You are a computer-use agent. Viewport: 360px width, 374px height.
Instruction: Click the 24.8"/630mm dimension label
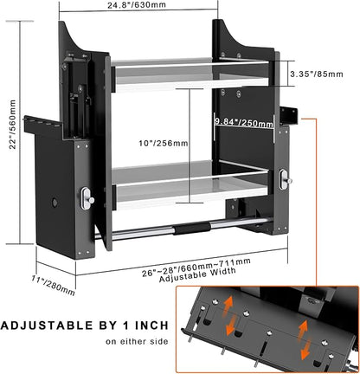137,4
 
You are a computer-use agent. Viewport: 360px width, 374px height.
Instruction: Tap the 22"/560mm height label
13,125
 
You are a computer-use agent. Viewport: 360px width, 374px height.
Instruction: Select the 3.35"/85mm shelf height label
317,74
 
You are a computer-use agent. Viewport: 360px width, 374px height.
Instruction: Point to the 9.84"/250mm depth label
244,122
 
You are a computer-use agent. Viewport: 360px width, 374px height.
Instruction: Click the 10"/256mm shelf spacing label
164,143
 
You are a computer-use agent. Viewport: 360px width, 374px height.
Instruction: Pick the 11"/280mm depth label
54,286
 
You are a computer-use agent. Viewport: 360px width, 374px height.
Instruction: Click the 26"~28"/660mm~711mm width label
196,268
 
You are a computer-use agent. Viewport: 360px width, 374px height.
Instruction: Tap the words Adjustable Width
197,275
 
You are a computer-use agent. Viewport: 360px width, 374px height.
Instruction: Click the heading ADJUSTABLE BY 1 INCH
85,326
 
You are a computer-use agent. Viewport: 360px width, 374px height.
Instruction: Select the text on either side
137,342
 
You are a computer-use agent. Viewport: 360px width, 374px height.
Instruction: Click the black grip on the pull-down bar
191,229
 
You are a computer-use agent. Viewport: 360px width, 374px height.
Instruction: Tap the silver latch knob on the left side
87,198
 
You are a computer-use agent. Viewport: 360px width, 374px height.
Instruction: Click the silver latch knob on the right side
285,179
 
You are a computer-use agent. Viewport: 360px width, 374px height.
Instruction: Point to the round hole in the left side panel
55,203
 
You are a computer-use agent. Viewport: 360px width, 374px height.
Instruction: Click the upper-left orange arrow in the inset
228,306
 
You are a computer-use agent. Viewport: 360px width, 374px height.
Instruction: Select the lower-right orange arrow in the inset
305,351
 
